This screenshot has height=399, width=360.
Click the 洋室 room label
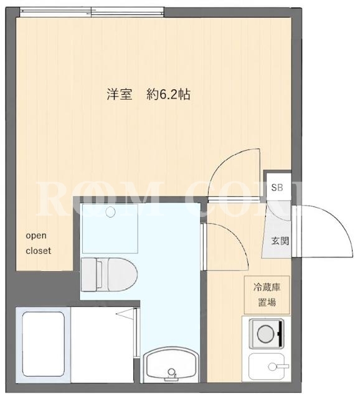pos(119,95)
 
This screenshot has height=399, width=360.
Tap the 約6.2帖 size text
pos(168,95)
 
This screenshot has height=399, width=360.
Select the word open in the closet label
pos(36,236)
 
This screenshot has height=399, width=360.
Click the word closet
pos(39,251)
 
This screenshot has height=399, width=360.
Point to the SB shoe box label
pos(277,188)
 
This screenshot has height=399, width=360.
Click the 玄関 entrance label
pos(280,241)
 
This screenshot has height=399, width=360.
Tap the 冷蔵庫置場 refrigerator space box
pos(267,295)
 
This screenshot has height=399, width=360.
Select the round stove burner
pos(265,334)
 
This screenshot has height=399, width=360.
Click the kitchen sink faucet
pos(278,367)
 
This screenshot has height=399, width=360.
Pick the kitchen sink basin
pos(266,367)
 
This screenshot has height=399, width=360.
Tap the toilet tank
pos(88,274)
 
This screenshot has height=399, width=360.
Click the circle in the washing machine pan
pos(110,212)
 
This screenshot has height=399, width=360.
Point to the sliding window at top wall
pos(92,11)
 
